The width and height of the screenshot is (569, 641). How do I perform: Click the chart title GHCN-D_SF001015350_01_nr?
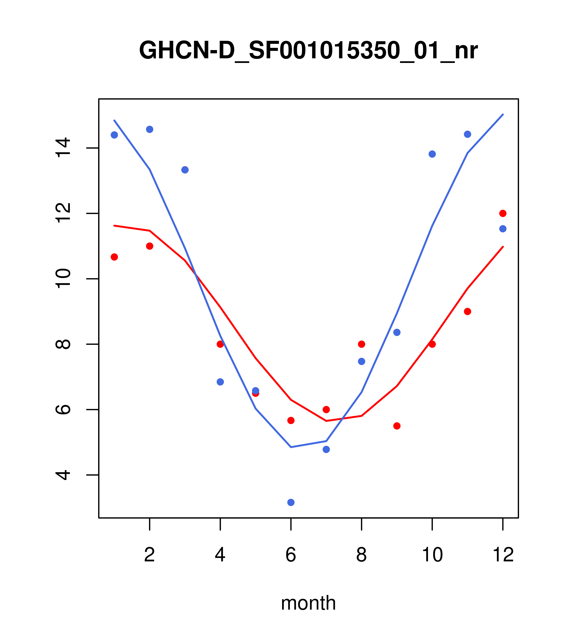(308, 50)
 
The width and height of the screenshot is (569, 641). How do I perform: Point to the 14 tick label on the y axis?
(63, 148)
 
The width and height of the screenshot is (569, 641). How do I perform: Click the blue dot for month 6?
(291, 502)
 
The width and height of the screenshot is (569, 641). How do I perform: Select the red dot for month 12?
(503, 214)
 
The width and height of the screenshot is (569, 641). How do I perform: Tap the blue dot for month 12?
(503, 229)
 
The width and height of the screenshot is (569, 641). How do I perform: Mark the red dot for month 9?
(397, 426)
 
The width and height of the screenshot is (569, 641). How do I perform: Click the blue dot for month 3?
(185, 170)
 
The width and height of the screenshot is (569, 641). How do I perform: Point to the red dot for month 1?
(114, 257)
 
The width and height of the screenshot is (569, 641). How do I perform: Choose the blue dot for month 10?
(432, 154)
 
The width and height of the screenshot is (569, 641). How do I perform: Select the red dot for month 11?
(468, 311)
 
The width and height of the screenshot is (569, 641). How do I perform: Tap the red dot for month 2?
(150, 246)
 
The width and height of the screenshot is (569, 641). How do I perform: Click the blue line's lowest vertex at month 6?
(291, 447)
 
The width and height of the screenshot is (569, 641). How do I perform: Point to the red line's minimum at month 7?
(326, 421)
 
